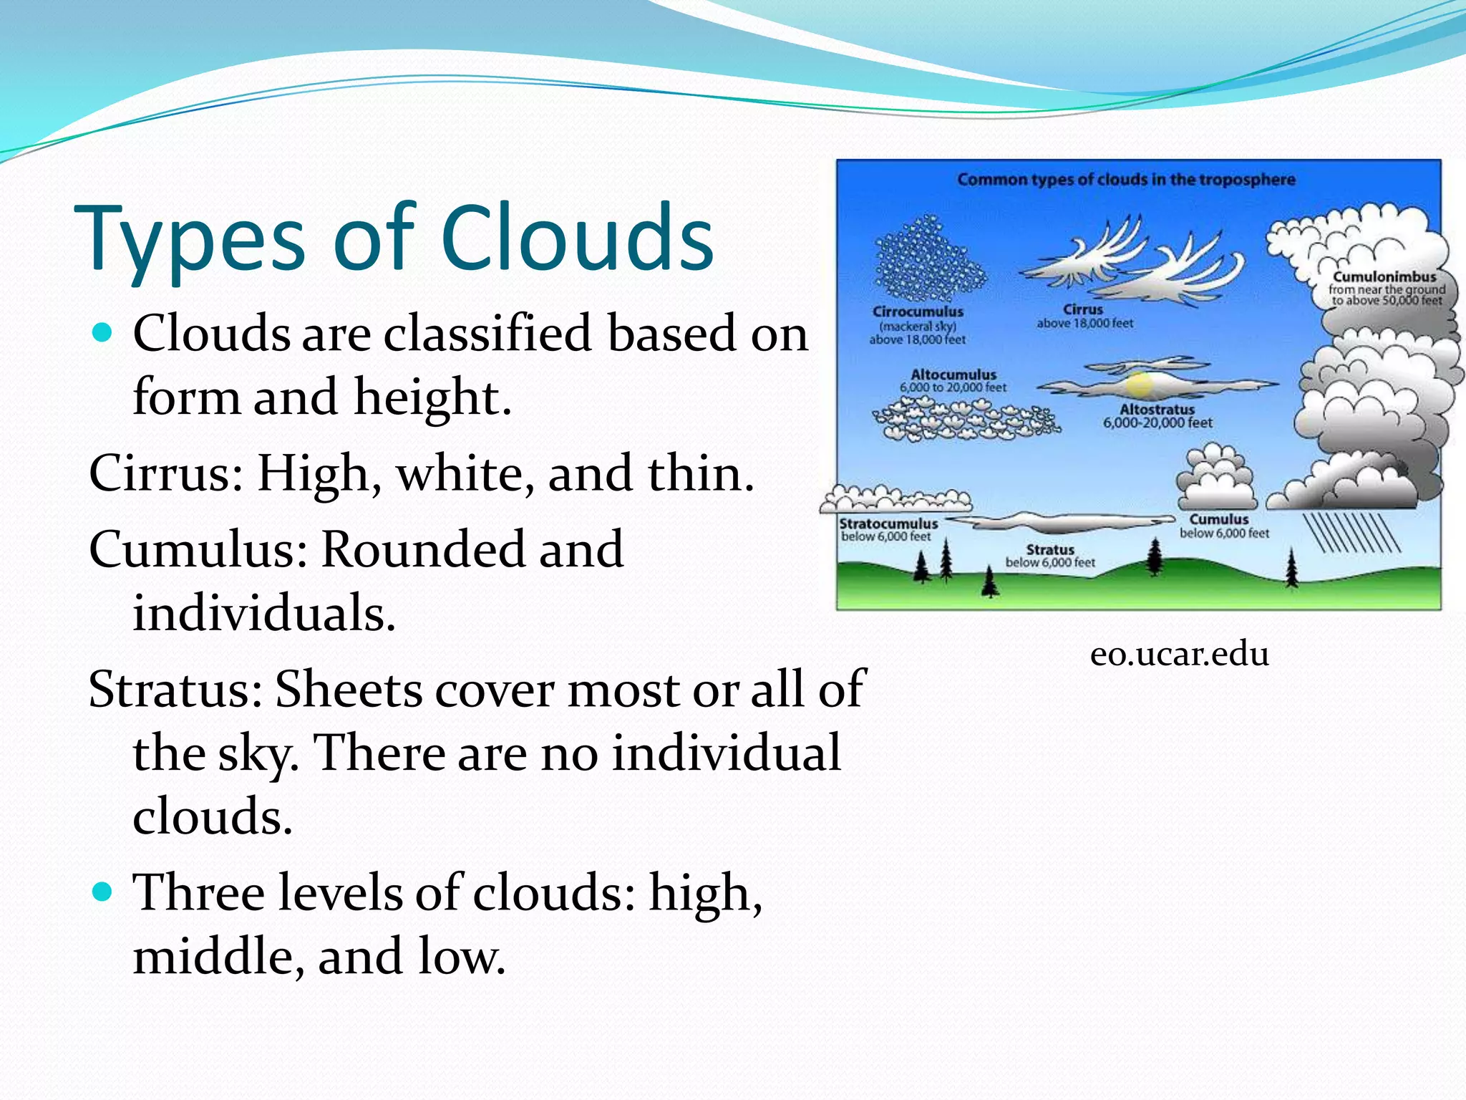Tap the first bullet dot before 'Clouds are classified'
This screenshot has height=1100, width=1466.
pyautogui.click(x=104, y=333)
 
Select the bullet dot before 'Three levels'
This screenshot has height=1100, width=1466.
pyautogui.click(x=104, y=892)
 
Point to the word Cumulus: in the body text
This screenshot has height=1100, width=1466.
pyautogui.click(x=198, y=549)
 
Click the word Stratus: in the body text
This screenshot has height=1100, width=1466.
pyautogui.click(x=175, y=689)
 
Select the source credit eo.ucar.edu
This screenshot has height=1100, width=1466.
pyautogui.click(x=1180, y=654)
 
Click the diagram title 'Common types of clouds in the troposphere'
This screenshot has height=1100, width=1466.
pyautogui.click(x=1126, y=179)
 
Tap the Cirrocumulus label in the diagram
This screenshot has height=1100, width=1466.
pyautogui.click(x=918, y=312)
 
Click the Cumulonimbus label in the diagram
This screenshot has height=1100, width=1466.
pyautogui.click(x=1384, y=277)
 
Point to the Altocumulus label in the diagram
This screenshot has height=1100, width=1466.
pyautogui.click(x=953, y=375)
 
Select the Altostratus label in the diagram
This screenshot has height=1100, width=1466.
pyautogui.click(x=1157, y=410)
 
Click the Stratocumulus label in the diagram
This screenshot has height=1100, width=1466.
pyautogui.click(x=888, y=524)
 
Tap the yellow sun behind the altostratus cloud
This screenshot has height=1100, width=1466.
pyautogui.click(x=1139, y=385)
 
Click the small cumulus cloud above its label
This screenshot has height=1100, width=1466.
pyautogui.click(x=1215, y=476)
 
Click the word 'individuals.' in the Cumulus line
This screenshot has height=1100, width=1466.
pyautogui.click(x=263, y=614)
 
